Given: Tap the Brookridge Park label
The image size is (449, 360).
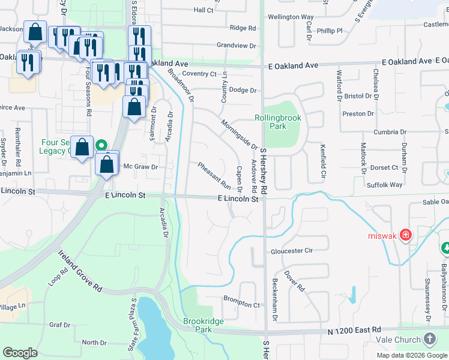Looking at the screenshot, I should click(x=203, y=326).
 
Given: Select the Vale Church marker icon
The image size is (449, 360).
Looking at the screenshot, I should click(x=430, y=339).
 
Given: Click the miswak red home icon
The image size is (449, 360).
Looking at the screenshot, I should click(x=406, y=234).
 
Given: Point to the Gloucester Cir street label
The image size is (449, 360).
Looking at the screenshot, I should click(x=292, y=251).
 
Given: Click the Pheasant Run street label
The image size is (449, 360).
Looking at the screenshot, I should click(x=214, y=175).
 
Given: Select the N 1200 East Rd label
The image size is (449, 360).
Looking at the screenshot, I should click(x=354, y=330).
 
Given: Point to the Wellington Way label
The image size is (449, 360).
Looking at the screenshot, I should click(x=291, y=17).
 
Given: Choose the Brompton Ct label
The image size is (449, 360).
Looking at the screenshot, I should click(x=241, y=304).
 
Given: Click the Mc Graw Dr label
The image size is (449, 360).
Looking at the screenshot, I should click(x=140, y=167).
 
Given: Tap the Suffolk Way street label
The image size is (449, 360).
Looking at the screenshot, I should click(x=385, y=185).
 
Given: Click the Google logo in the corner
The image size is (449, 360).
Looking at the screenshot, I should click(x=20, y=353).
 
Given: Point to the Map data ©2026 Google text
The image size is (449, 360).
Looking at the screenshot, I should click(x=412, y=355).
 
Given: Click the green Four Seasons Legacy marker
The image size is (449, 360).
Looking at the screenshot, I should click(x=102, y=145).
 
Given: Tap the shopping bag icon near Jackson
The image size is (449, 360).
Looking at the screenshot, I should click(x=35, y=34).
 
